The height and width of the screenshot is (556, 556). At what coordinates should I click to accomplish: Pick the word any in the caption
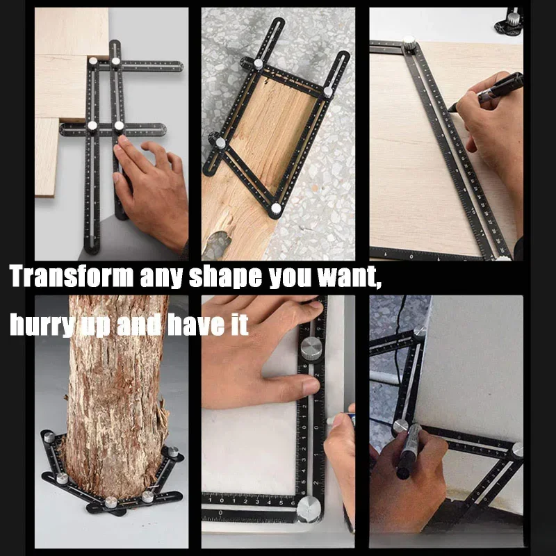click(161, 276)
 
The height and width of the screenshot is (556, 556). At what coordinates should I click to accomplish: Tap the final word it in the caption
click(238, 325)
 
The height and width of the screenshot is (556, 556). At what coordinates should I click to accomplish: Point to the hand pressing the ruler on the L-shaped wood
click(149, 188)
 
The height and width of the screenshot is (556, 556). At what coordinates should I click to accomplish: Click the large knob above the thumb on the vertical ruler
click(311, 345)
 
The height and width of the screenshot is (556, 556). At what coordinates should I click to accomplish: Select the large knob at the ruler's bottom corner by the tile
click(309, 509)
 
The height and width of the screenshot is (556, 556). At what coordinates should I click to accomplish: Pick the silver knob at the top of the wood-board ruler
click(409, 42)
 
